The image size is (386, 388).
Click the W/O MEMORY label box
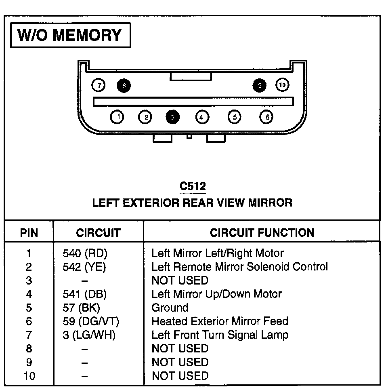point(70,35)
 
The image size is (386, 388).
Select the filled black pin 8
point(124,85)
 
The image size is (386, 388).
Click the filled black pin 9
point(259,85)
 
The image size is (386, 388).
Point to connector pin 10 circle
point(282,85)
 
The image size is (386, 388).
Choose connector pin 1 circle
point(117,117)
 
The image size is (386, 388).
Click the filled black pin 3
point(172,117)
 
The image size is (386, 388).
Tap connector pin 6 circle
point(266,117)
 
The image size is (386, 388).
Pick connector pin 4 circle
point(202,117)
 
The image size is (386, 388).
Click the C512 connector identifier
point(193,186)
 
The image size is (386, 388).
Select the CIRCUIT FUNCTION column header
point(262,232)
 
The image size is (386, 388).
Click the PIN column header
point(29,233)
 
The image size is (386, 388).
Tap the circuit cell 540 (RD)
point(85,253)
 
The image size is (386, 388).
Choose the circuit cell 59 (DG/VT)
point(91,321)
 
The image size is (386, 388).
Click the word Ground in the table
point(170,308)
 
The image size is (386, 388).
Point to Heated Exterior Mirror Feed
point(220,321)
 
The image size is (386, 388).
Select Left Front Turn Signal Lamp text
point(220,335)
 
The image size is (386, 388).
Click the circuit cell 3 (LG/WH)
point(89,335)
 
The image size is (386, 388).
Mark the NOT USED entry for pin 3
point(180,280)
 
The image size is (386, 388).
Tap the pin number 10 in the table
point(29,376)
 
